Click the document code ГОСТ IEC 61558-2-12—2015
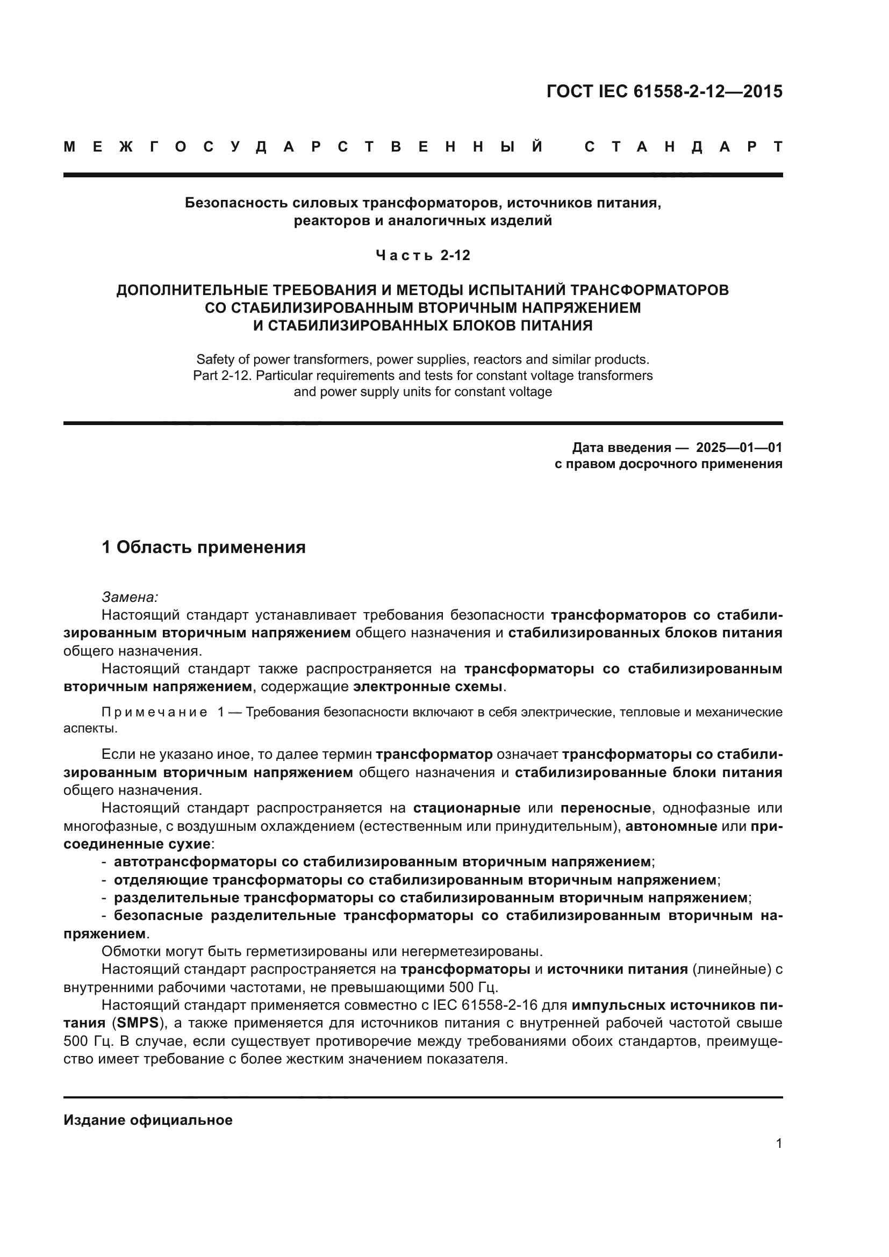(664, 91)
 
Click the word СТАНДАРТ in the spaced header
(683, 147)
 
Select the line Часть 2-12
(422, 255)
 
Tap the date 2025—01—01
(739, 447)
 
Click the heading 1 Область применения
(204, 547)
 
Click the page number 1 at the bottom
(778, 1143)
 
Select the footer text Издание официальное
(148, 1119)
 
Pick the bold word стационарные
(467, 808)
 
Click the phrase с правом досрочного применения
(668, 464)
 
